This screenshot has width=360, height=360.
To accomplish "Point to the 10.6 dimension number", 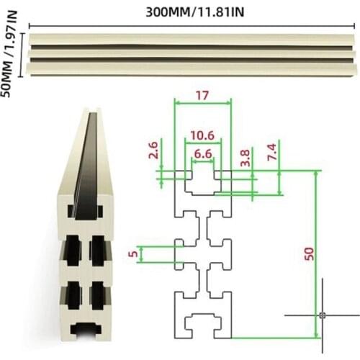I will tap(203, 134).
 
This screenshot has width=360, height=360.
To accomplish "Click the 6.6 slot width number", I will tap(203, 154).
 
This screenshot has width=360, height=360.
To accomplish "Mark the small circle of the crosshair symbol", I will tap(322, 315).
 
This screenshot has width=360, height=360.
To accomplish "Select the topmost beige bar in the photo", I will tap(191, 39).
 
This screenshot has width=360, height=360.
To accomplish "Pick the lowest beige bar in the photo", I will tap(191, 69).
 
